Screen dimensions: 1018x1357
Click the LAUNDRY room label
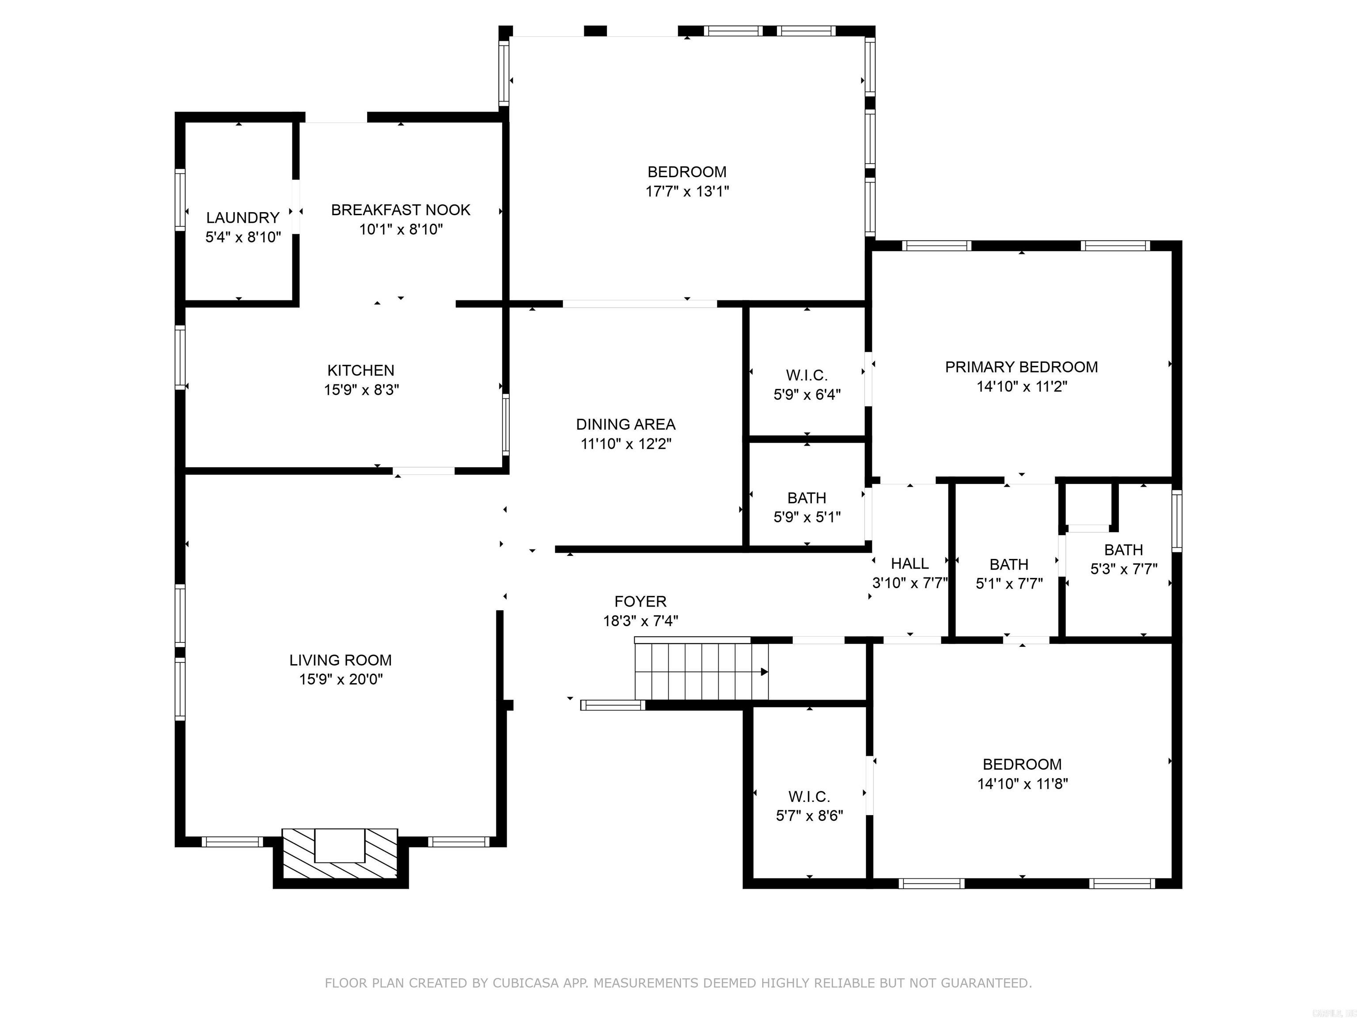243,217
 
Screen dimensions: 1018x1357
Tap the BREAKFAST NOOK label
401,210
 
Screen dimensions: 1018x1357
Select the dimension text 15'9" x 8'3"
361,390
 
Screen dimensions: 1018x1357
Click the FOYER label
640,601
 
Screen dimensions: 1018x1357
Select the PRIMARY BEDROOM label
1021,367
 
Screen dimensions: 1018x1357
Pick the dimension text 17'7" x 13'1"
686,191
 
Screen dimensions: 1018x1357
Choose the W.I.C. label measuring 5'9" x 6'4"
806,375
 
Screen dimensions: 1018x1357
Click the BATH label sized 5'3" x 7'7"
1123,550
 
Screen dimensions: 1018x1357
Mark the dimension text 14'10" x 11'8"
1022,783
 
